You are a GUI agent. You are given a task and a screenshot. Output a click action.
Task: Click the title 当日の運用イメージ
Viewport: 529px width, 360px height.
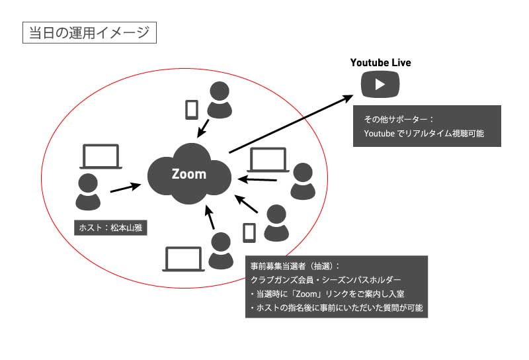pos(89,32)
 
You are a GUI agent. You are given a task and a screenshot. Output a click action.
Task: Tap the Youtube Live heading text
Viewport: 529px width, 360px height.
pos(380,63)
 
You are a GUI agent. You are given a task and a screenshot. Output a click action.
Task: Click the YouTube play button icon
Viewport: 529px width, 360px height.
pos(380,84)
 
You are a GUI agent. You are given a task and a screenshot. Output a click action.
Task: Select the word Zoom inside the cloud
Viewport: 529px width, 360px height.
pos(189,174)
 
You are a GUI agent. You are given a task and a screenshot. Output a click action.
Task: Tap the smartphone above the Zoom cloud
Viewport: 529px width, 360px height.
pos(192,110)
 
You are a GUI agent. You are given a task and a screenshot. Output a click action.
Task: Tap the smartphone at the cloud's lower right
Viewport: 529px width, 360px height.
pos(249,232)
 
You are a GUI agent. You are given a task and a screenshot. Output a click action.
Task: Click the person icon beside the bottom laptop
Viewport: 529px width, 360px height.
pos(220,251)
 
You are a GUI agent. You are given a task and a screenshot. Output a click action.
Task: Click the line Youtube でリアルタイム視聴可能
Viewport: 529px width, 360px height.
pos(423,134)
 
